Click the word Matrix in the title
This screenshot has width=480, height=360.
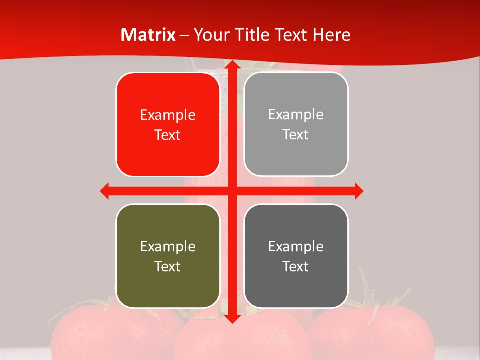[x=148, y=35]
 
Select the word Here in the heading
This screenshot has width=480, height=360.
[x=332, y=35]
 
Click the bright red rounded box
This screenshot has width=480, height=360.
[x=168, y=125]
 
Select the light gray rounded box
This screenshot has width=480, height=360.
[x=296, y=124]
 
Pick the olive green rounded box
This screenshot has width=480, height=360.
[x=168, y=256]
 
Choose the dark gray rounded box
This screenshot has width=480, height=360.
[x=296, y=256]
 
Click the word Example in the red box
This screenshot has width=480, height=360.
[x=168, y=115]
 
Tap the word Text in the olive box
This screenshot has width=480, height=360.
[x=168, y=266]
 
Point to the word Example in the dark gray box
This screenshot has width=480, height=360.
[x=296, y=246]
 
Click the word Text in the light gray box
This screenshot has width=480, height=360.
[x=296, y=135]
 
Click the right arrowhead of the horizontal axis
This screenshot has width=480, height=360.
[x=359, y=191]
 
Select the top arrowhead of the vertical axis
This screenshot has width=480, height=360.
[x=231, y=65]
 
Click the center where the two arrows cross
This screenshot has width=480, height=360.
[x=232, y=191]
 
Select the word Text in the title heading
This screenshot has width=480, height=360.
[x=291, y=35]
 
